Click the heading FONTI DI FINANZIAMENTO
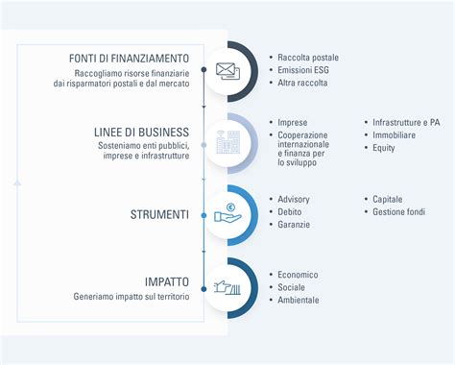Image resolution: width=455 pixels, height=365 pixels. (129, 59)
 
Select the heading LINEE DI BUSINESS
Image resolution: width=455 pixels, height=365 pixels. (142, 131)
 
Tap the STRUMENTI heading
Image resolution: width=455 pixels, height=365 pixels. (159, 212)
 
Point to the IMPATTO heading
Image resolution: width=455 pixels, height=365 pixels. (167, 282)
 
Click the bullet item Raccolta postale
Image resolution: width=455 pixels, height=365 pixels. (307, 58)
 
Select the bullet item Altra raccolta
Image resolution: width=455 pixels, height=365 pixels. (302, 83)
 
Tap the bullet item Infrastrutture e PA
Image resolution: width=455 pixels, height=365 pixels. (407, 123)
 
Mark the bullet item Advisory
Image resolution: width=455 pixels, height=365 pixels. (293, 199)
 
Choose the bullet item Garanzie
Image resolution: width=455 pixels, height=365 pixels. (293, 224)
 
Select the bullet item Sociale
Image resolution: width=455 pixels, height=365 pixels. (291, 286)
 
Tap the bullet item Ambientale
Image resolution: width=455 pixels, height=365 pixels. (298, 299)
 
